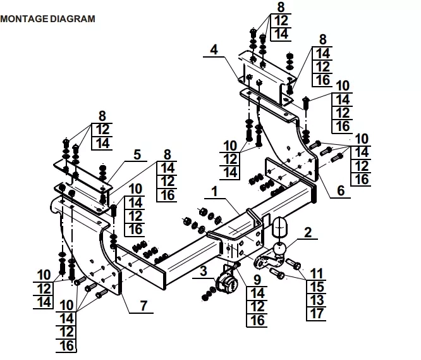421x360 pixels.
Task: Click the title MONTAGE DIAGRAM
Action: (48, 19)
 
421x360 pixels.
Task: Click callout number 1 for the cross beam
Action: (214, 190)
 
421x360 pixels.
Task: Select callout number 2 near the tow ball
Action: (308, 232)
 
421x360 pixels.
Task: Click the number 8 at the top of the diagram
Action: (281, 8)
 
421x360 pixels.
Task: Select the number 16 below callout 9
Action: (257, 320)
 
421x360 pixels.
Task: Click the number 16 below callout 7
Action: (67, 345)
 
